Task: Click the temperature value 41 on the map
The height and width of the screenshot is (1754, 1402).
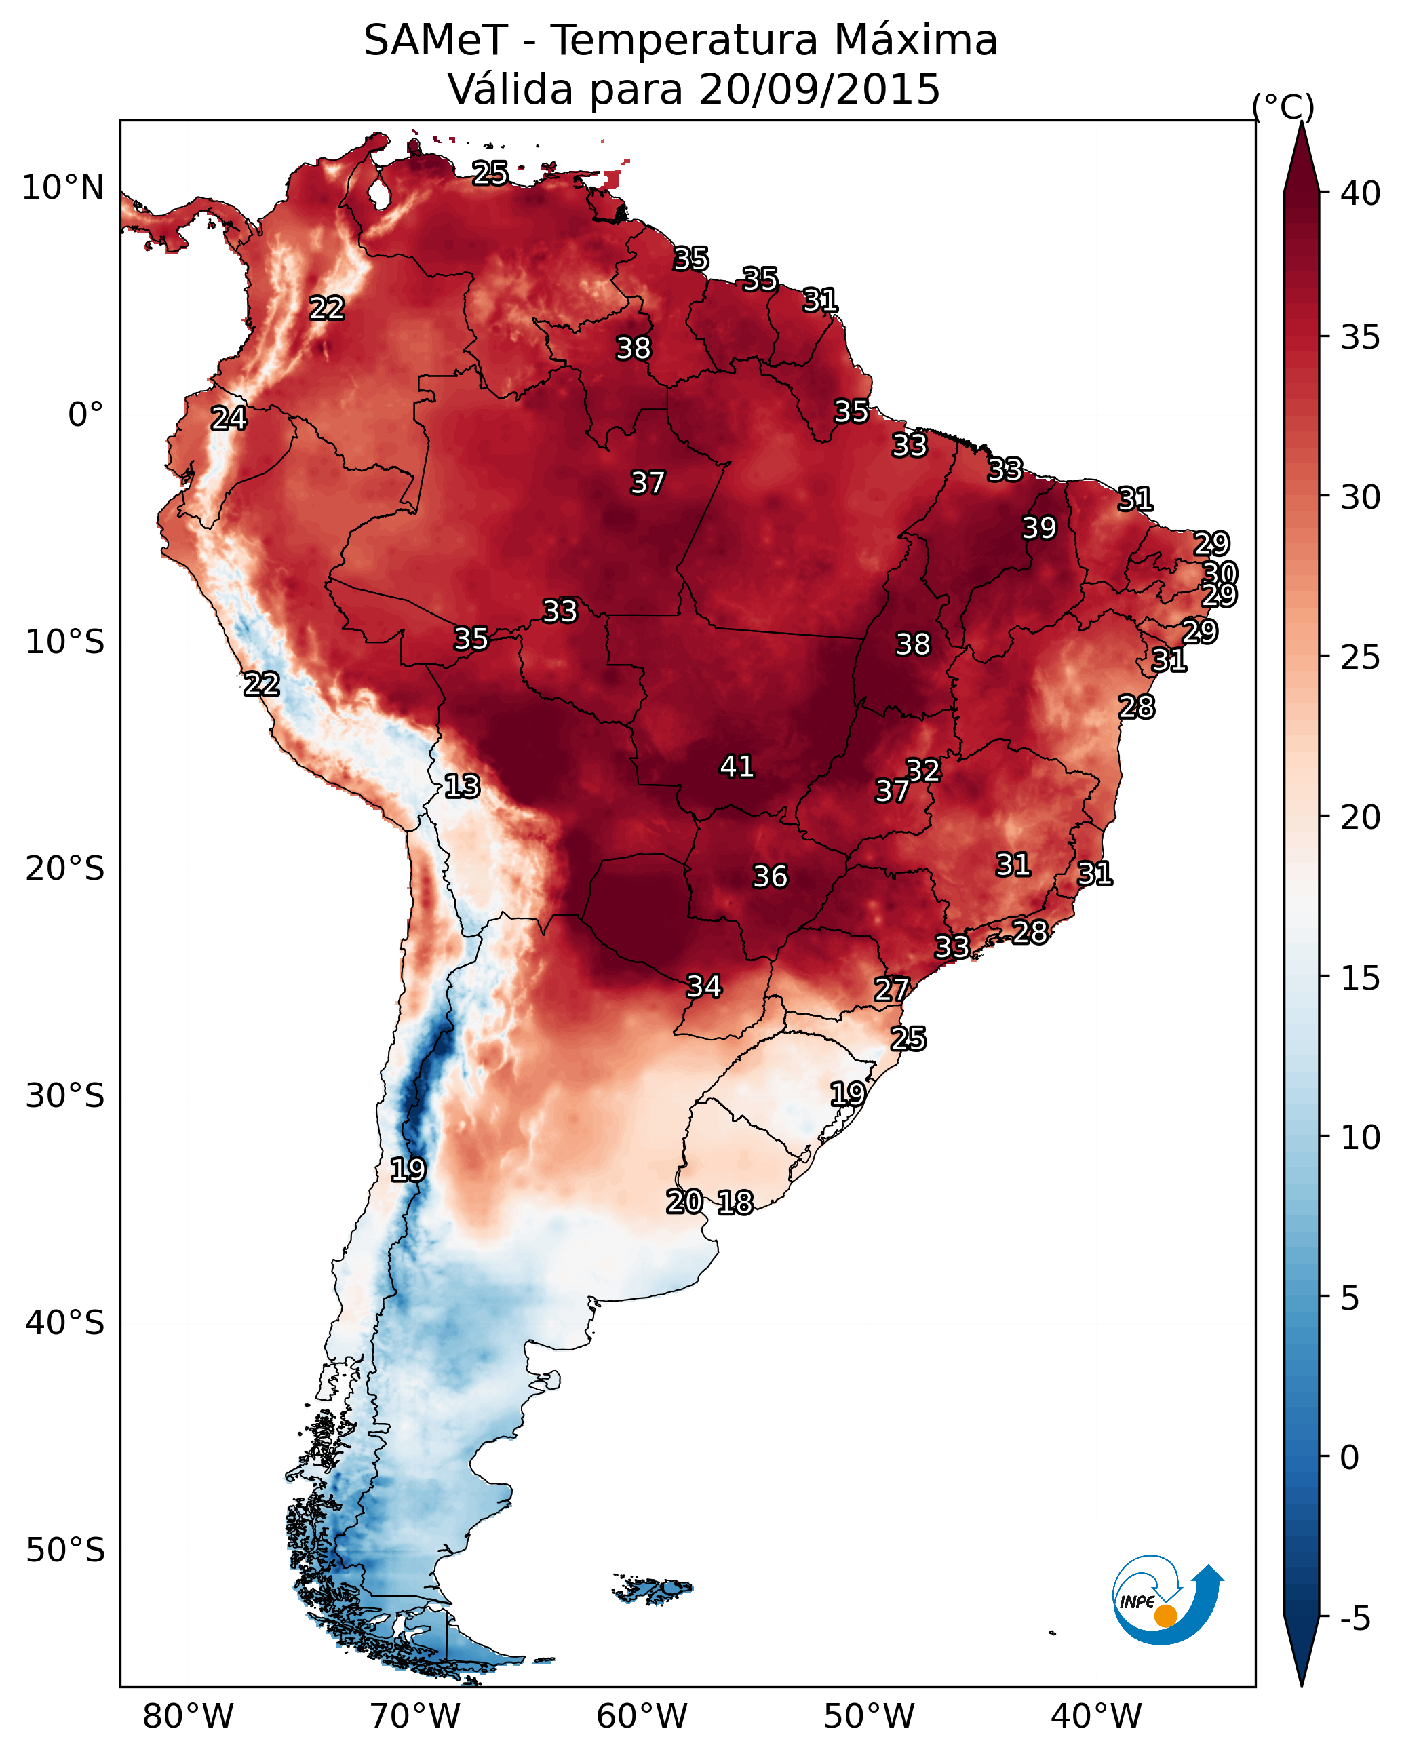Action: click(x=737, y=766)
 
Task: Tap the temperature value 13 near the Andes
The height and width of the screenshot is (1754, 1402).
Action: click(x=462, y=786)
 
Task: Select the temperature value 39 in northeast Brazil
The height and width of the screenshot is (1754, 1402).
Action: click(x=1039, y=528)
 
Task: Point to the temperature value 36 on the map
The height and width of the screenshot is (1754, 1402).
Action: click(x=771, y=877)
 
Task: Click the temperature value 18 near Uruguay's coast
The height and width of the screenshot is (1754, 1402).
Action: click(x=735, y=1203)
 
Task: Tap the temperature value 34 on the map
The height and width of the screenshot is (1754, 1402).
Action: click(x=705, y=987)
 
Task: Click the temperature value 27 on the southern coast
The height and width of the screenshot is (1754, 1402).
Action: click(x=892, y=990)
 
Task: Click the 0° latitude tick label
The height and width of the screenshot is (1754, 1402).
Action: click(x=86, y=415)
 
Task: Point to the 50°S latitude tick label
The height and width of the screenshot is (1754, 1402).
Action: click(x=65, y=1551)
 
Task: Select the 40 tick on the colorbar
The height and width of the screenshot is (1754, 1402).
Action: click(x=1361, y=193)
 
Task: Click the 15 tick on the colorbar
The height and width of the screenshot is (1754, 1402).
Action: click(x=1361, y=979)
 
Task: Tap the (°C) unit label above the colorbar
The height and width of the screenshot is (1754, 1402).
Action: click(x=1283, y=106)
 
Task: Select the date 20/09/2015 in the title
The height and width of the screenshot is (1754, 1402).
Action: click(x=819, y=89)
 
